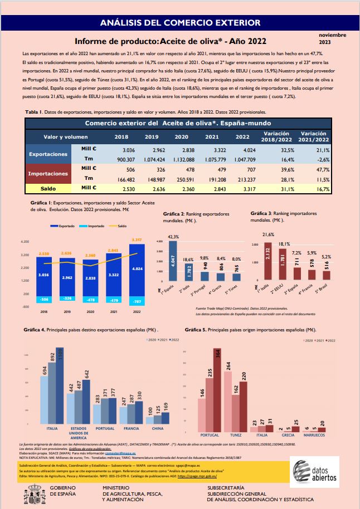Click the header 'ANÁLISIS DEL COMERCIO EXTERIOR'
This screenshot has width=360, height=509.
tap(179, 23)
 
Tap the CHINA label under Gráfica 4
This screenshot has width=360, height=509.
tap(158, 429)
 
